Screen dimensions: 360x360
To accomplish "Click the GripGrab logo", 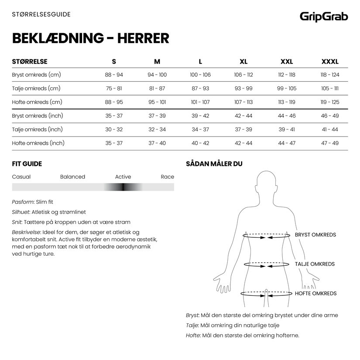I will (323, 17).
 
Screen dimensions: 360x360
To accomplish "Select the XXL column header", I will (286, 62).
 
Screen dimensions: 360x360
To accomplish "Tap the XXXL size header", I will (330, 62).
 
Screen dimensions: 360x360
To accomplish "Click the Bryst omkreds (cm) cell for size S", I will (114, 75).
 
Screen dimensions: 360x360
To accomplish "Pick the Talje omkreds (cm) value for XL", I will (243, 89).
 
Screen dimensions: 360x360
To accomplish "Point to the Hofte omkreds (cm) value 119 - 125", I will (330, 102).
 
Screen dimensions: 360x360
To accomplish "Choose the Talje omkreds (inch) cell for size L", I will (200, 130).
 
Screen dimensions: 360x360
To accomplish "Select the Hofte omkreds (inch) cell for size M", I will (157, 143).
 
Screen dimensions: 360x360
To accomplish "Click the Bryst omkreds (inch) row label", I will (38, 116).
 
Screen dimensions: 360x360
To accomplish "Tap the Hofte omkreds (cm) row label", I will (37, 102).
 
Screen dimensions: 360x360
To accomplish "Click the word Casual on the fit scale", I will (21, 177).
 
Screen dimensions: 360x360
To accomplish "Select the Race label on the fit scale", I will (167, 177).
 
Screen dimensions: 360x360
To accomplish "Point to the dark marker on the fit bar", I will (123, 187).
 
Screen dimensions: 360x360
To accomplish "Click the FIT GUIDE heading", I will (27, 164).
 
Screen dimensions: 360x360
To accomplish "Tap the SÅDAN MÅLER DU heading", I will (214, 164).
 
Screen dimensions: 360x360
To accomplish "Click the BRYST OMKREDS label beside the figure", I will (315, 235).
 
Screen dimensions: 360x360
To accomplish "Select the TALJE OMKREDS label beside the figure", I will (315, 264).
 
